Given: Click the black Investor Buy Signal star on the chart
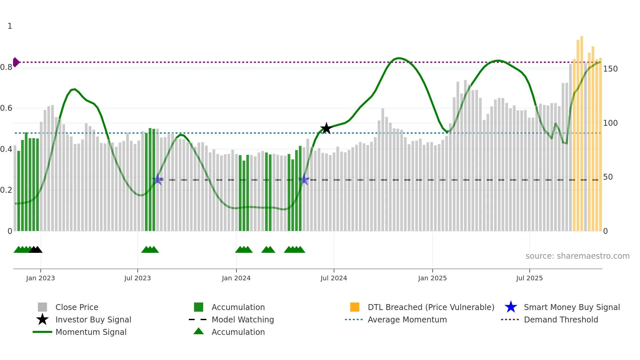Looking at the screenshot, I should click(x=326, y=128).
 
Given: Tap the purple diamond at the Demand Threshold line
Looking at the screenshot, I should click(x=16, y=62).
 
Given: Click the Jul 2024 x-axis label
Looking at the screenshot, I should click(x=333, y=278).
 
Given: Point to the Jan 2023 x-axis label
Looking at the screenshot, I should click(x=40, y=278).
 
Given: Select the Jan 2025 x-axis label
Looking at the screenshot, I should click(x=432, y=278).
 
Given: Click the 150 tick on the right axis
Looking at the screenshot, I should click(x=610, y=69).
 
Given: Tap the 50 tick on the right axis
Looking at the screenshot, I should click(x=608, y=177).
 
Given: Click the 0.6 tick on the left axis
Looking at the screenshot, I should click(x=7, y=108).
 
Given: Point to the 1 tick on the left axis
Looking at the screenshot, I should click(x=10, y=26).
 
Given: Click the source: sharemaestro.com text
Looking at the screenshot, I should click(x=577, y=256).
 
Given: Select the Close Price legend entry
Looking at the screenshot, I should click(x=77, y=307).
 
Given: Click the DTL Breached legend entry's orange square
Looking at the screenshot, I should click(x=354, y=307).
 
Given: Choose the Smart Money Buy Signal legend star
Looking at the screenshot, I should click(x=511, y=307).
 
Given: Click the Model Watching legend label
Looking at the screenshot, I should click(x=243, y=319).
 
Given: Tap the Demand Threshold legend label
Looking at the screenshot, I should click(x=561, y=319).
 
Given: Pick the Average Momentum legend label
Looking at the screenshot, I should click(x=407, y=319).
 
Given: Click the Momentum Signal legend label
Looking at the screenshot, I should click(x=91, y=332).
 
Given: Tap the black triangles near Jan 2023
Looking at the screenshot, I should click(x=36, y=250).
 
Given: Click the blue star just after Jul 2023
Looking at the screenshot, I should click(x=158, y=179).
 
